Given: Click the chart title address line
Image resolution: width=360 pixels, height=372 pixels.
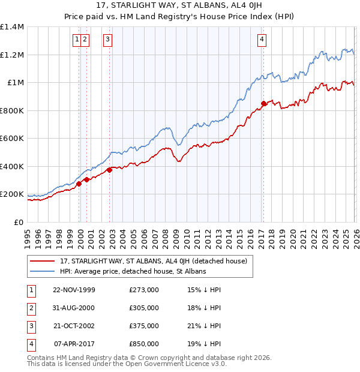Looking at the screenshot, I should click(180, 7).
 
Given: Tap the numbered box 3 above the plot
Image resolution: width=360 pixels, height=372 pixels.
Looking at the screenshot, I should click(107, 40).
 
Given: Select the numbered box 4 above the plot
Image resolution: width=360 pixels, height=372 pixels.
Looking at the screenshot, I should click(262, 40).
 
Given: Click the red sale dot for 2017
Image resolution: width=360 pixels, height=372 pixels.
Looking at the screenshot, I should click(263, 104).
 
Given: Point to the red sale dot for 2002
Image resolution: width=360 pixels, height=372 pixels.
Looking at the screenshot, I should click(110, 170).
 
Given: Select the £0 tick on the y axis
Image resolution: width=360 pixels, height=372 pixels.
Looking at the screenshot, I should click(19, 222).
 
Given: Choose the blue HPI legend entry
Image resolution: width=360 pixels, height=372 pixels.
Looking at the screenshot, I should click(133, 272).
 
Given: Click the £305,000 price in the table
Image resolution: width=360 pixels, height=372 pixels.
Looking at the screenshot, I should click(144, 308).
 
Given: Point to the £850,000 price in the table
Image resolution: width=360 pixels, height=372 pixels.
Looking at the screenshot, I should click(144, 344).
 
